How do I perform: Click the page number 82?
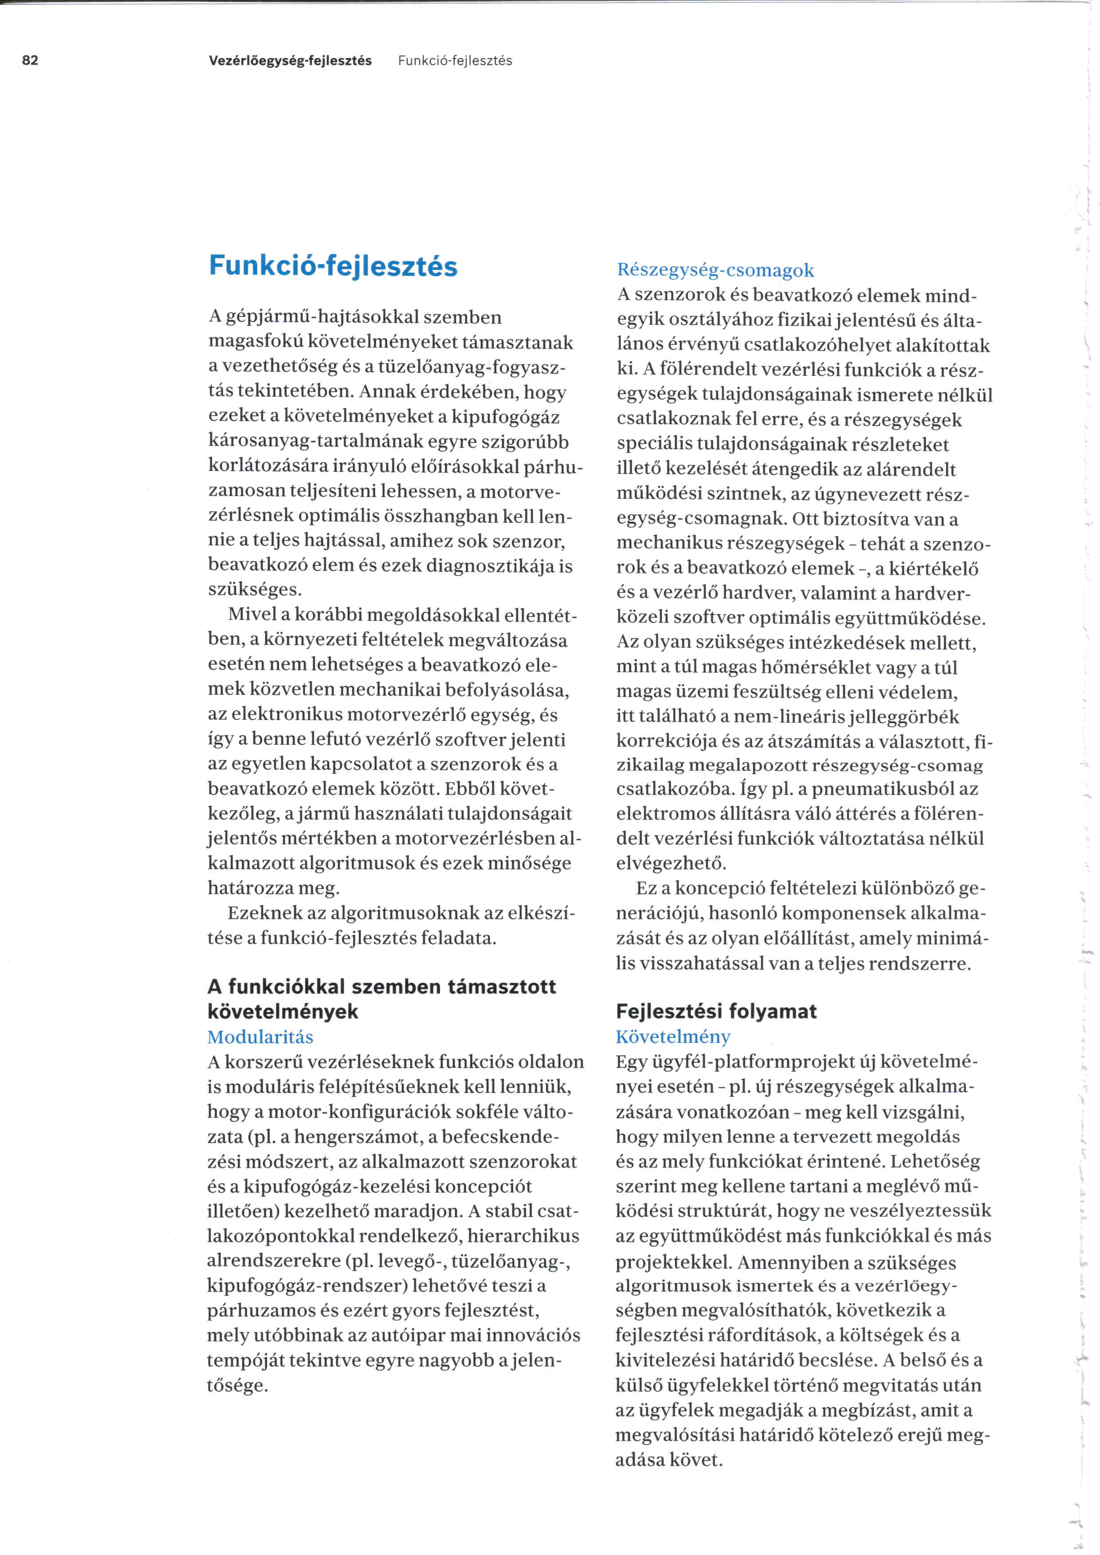coord(31,60)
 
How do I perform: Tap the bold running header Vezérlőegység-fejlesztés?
coord(290,60)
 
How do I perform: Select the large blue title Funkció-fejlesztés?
coord(333,266)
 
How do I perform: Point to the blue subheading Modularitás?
coord(260,1037)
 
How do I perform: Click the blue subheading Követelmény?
coord(672,1037)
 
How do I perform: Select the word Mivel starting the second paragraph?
coord(250,614)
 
